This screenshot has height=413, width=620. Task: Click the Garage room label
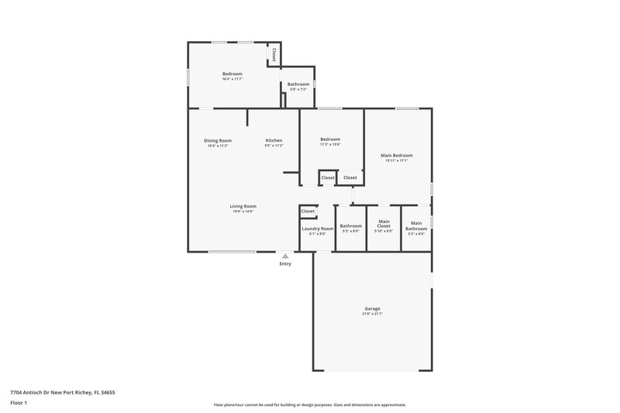click(x=371, y=308)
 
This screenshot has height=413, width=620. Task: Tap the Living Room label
click(x=242, y=206)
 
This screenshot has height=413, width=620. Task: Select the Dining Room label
click(x=218, y=140)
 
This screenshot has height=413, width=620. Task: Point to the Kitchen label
click(x=274, y=140)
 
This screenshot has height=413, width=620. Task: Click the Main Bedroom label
click(x=396, y=155)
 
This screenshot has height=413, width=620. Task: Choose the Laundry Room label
click(x=318, y=229)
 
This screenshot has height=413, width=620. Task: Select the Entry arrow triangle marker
click(x=286, y=255)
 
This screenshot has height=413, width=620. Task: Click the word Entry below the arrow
click(x=286, y=264)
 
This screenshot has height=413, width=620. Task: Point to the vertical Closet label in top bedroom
click(x=274, y=54)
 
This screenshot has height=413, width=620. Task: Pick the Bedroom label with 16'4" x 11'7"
click(x=232, y=74)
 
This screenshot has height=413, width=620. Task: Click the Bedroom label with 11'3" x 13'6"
click(x=330, y=139)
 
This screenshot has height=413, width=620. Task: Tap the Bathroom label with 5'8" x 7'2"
click(x=298, y=84)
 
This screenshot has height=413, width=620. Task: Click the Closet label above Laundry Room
click(x=308, y=211)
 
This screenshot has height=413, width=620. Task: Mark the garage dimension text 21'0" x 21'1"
click(x=371, y=314)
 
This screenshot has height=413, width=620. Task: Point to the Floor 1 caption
click(x=19, y=403)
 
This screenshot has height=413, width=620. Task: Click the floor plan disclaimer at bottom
click(x=309, y=404)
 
